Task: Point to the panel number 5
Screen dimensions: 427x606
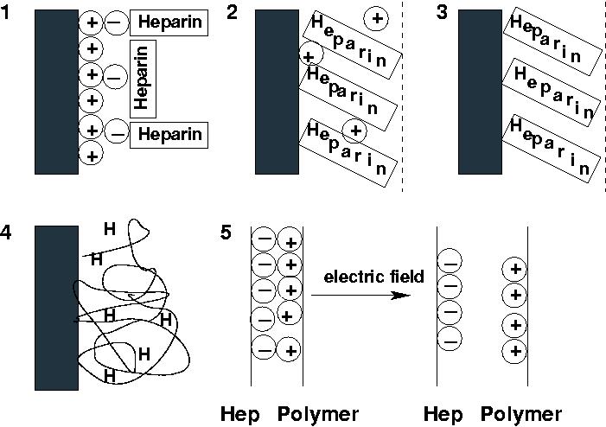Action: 227,233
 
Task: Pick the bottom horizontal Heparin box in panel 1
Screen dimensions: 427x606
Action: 169,134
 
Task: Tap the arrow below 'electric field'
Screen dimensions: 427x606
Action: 359,296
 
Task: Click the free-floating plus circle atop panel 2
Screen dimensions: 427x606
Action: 376,16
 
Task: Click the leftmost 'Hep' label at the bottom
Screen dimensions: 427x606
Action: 239,414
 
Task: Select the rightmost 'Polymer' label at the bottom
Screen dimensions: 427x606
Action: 521,414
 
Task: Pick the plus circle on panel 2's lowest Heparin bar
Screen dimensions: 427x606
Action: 354,131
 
